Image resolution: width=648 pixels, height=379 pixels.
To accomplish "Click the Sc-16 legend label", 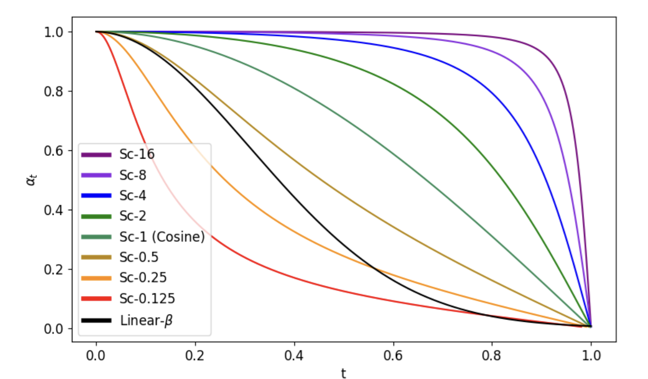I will [x=137, y=154].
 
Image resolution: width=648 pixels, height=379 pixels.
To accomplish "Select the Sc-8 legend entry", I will [x=134, y=175].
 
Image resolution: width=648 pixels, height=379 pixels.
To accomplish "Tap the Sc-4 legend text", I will [x=134, y=195].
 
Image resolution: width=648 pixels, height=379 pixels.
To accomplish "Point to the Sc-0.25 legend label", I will [x=143, y=278].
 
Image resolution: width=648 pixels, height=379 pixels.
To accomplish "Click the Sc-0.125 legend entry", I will [x=147, y=299].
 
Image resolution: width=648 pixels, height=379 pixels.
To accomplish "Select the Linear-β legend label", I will [x=146, y=320].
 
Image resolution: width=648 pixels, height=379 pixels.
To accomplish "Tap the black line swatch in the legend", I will [x=96, y=320].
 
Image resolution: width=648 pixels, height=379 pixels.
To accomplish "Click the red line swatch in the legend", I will [x=96, y=299].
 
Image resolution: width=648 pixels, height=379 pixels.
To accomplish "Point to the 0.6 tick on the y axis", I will [x=55, y=151].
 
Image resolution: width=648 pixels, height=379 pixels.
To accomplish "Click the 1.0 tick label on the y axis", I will [x=55, y=32].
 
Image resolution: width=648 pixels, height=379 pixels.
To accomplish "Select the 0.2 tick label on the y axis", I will [x=55, y=270].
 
